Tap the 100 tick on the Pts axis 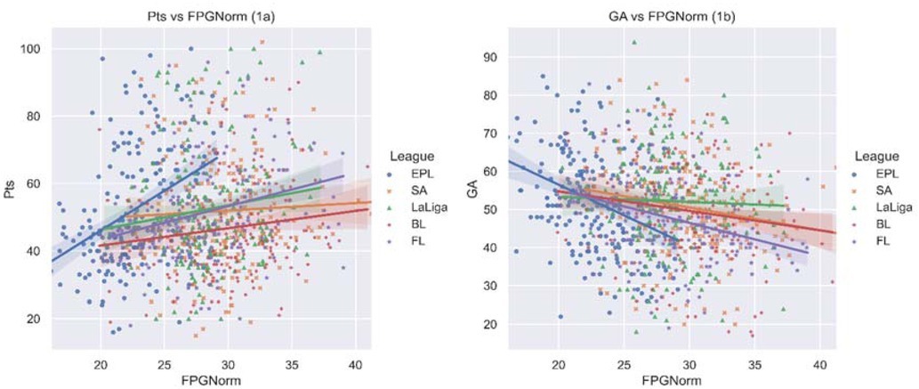tap(35, 48)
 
